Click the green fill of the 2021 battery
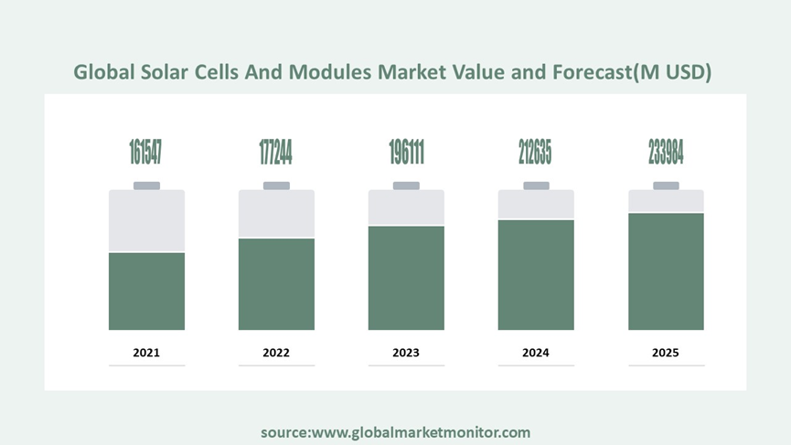[146, 291]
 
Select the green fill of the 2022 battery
[276, 283]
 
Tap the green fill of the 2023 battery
[406, 278]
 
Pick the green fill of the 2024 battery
[536, 274]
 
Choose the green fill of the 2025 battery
[666, 271]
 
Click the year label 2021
[146, 352]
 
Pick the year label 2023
[406, 352]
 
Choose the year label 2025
[666, 352]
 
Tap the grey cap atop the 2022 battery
[276, 185]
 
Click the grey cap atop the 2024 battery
[536, 185]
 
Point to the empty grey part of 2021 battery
[146, 221]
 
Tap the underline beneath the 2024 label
[536, 366]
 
